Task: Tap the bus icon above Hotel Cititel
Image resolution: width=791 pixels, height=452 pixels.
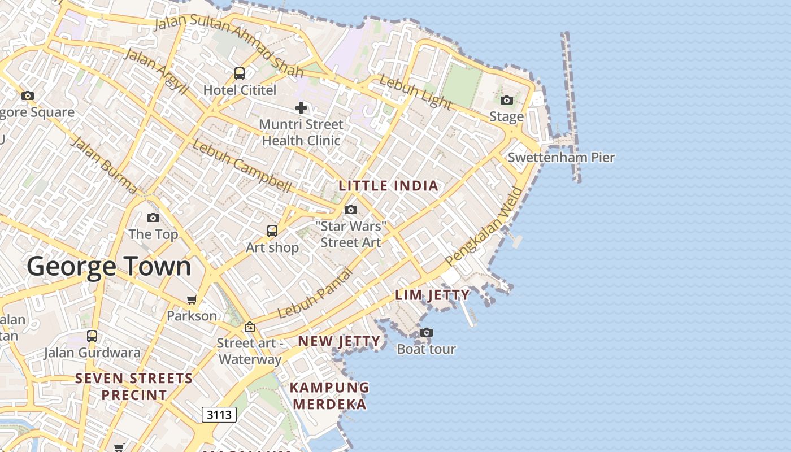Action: point(240,73)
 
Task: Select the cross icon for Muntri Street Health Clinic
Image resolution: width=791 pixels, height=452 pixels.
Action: point(301,108)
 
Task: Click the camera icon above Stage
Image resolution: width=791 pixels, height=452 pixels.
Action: point(507,101)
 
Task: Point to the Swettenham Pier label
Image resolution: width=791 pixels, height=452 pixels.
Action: point(560,158)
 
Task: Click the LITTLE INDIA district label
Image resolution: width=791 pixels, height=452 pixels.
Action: point(388,186)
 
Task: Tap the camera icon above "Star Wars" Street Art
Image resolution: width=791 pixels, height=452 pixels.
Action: point(351,210)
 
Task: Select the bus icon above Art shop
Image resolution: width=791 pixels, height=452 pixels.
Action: point(272,231)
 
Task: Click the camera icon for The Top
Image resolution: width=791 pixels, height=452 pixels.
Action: point(153,218)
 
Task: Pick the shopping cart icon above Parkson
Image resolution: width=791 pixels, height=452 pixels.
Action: point(192,299)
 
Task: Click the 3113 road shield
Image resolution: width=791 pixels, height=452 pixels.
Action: point(219,415)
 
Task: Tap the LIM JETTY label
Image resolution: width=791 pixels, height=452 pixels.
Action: point(432,295)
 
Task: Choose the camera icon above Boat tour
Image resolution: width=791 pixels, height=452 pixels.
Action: point(427,333)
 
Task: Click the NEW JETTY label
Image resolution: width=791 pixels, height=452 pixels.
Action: point(339,341)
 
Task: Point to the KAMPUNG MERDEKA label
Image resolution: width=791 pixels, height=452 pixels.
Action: point(329,395)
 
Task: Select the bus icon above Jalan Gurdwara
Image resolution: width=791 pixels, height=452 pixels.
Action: point(92,336)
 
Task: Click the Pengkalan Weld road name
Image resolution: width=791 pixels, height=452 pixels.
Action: point(484,227)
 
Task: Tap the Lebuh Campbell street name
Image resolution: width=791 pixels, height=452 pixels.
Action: point(242,166)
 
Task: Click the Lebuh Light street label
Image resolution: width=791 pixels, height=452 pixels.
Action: point(416,92)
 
